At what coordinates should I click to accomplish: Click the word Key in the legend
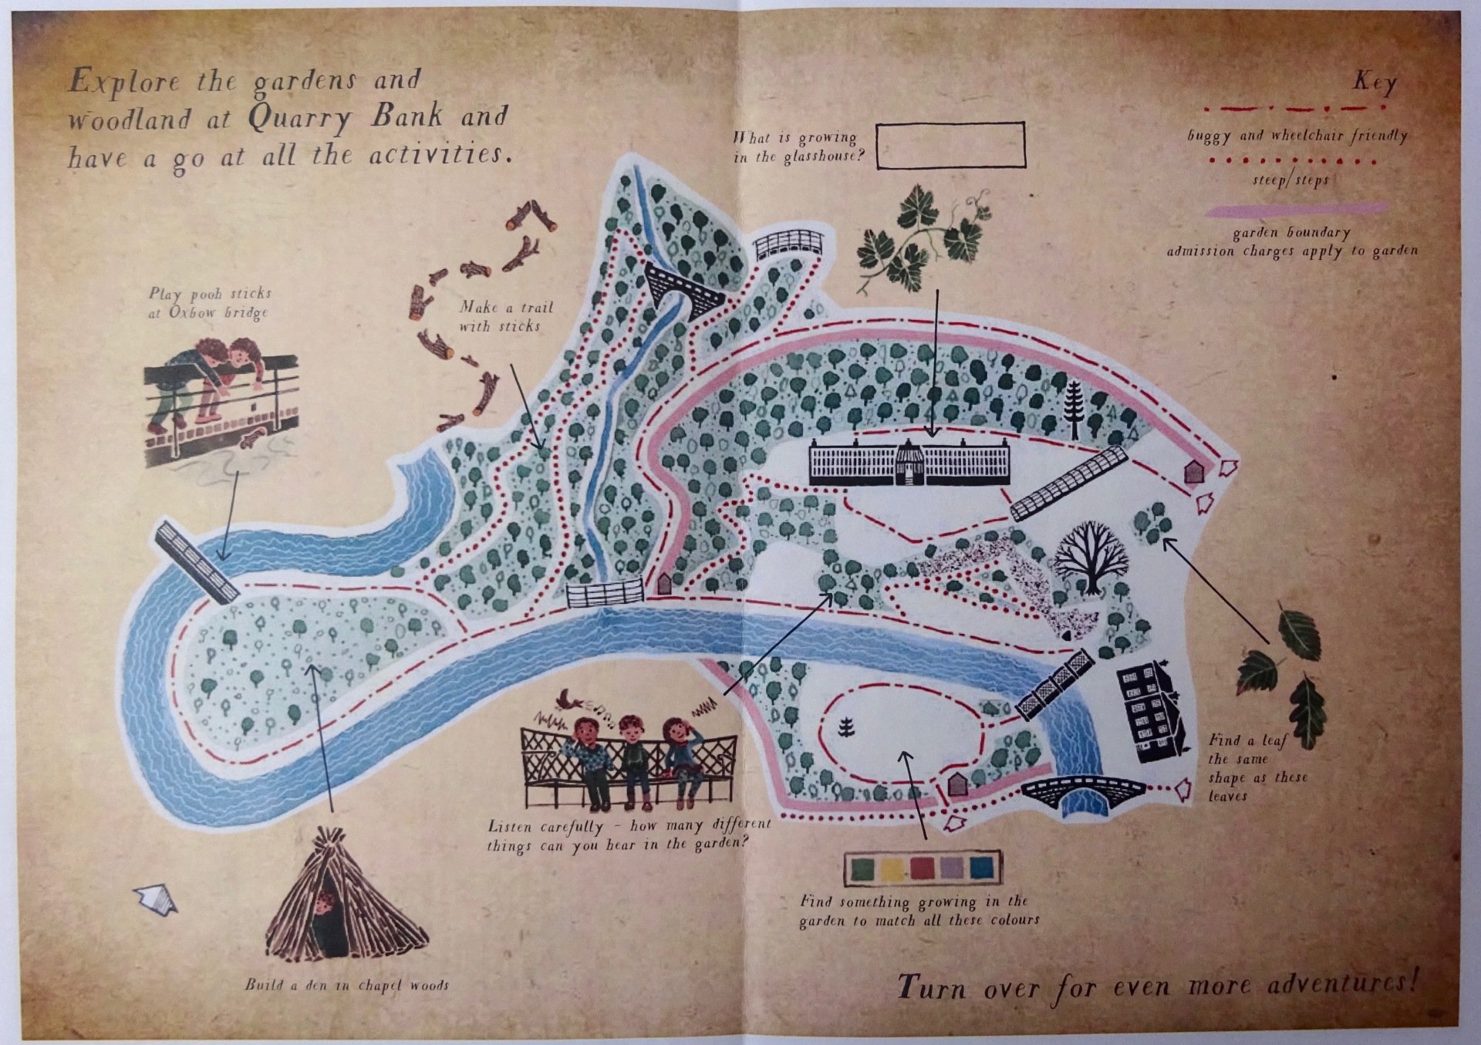(x=1374, y=82)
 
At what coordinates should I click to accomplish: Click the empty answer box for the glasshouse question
(x=950, y=145)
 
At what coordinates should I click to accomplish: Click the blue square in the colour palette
(x=982, y=868)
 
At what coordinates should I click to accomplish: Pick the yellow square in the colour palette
(x=894, y=868)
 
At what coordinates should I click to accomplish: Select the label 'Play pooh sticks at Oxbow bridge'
(x=210, y=303)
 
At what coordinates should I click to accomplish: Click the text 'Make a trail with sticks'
(x=505, y=316)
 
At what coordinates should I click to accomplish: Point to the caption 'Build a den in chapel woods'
(x=346, y=985)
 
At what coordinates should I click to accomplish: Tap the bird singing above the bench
(x=572, y=699)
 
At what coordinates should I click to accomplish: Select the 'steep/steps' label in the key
(x=1290, y=180)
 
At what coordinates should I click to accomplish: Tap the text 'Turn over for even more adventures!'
(x=1157, y=985)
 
